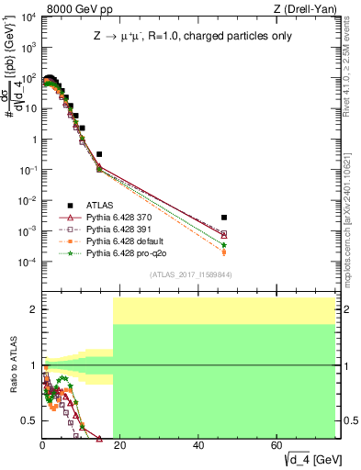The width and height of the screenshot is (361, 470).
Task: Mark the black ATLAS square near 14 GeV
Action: (99, 154)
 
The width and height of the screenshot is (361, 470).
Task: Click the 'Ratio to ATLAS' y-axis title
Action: (11, 365)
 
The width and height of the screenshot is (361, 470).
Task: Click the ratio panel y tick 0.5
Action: (30, 420)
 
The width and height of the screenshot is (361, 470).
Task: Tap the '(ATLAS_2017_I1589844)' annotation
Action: (190, 274)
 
